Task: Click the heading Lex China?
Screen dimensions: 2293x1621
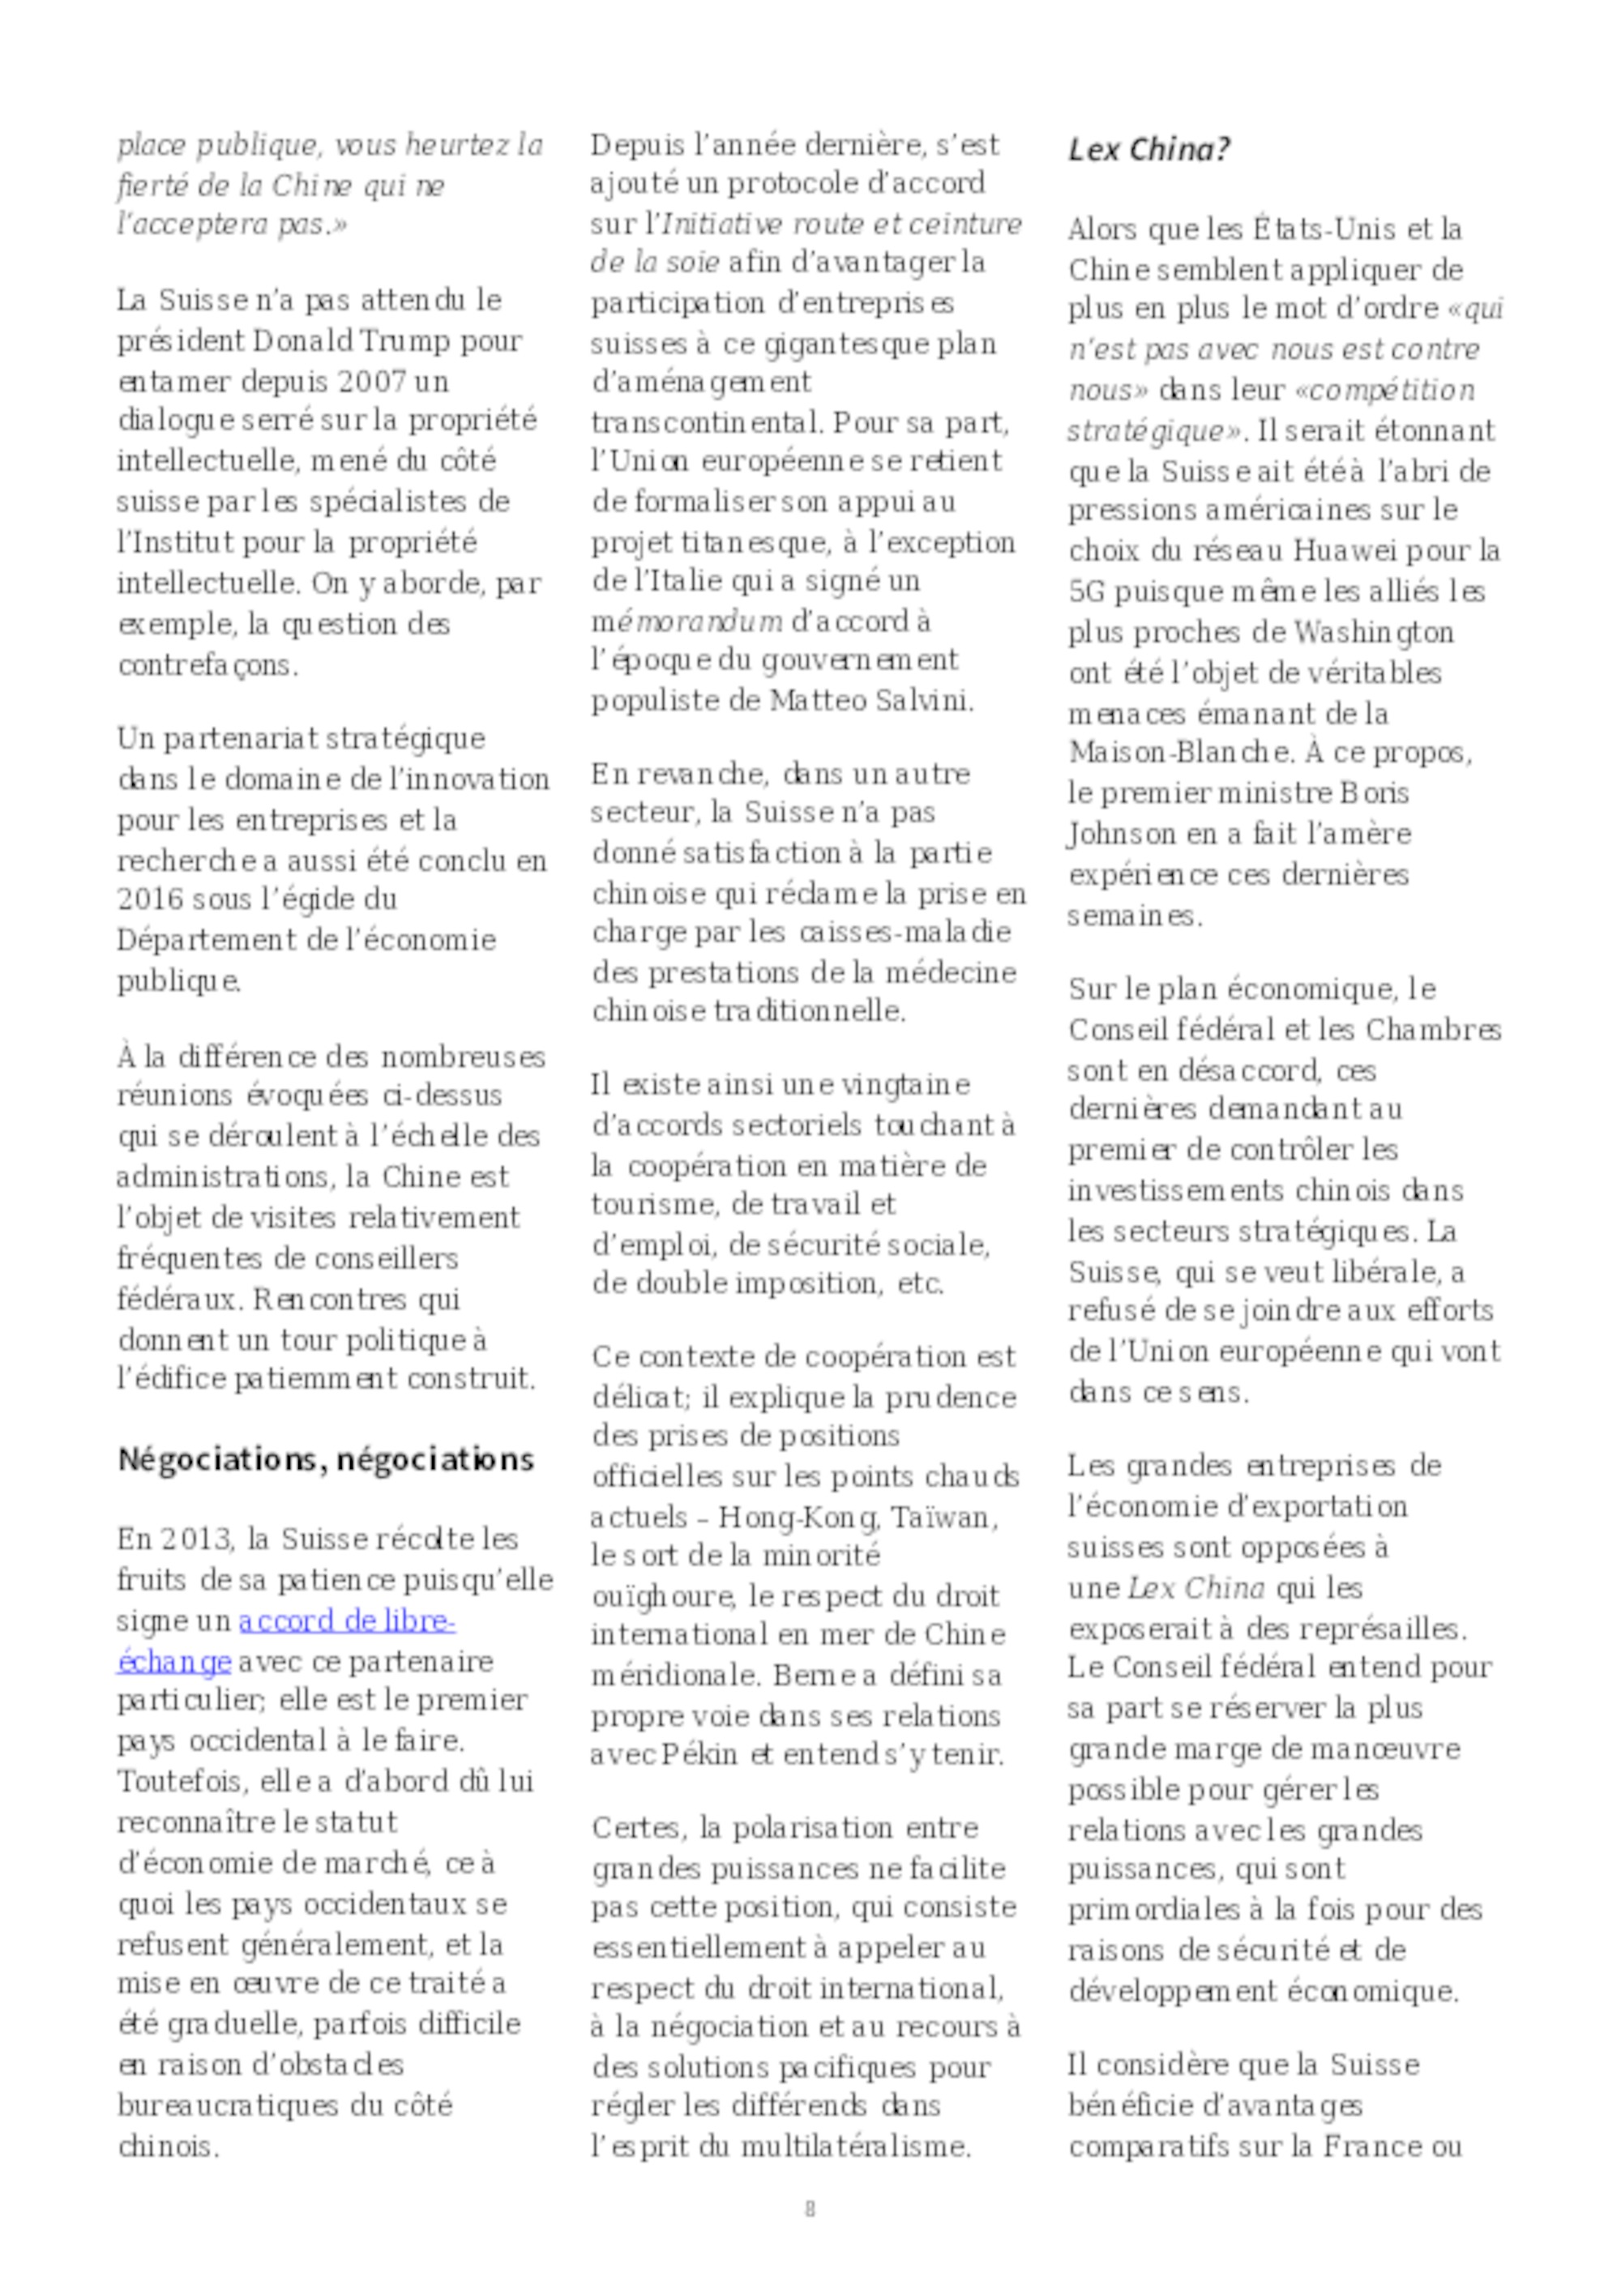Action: (x=1148, y=150)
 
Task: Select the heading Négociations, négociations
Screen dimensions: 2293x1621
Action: (x=326, y=1459)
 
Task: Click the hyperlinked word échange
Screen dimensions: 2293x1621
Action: (x=173, y=1663)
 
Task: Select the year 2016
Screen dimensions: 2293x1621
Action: (x=151, y=899)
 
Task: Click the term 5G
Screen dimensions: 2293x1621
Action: (x=1085, y=591)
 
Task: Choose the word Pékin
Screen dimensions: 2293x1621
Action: (x=701, y=1755)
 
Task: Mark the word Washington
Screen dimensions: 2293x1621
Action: (x=1373, y=632)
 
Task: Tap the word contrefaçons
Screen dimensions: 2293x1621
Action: (x=207, y=665)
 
